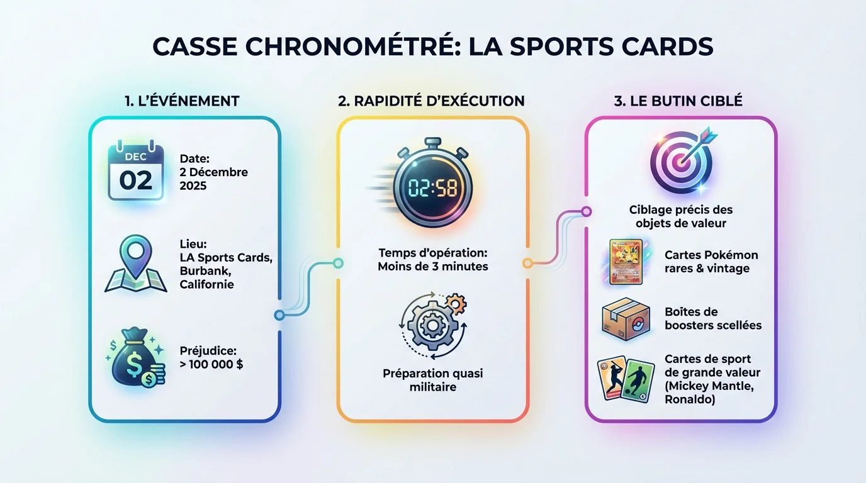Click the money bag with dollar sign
[135, 357]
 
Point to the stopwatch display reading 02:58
[433, 188]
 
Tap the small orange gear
[456, 304]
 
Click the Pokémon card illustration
[626, 262]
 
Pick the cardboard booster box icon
[626, 319]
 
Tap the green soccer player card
[638, 381]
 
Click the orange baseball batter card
[612, 377]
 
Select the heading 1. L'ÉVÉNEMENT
[182, 101]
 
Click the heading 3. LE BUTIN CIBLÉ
[678, 101]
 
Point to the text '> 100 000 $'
[211, 364]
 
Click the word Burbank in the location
[205, 271]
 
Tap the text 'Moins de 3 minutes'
[433, 266]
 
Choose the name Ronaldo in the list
[690, 399]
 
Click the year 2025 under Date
[193, 186]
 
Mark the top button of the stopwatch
[432, 142]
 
